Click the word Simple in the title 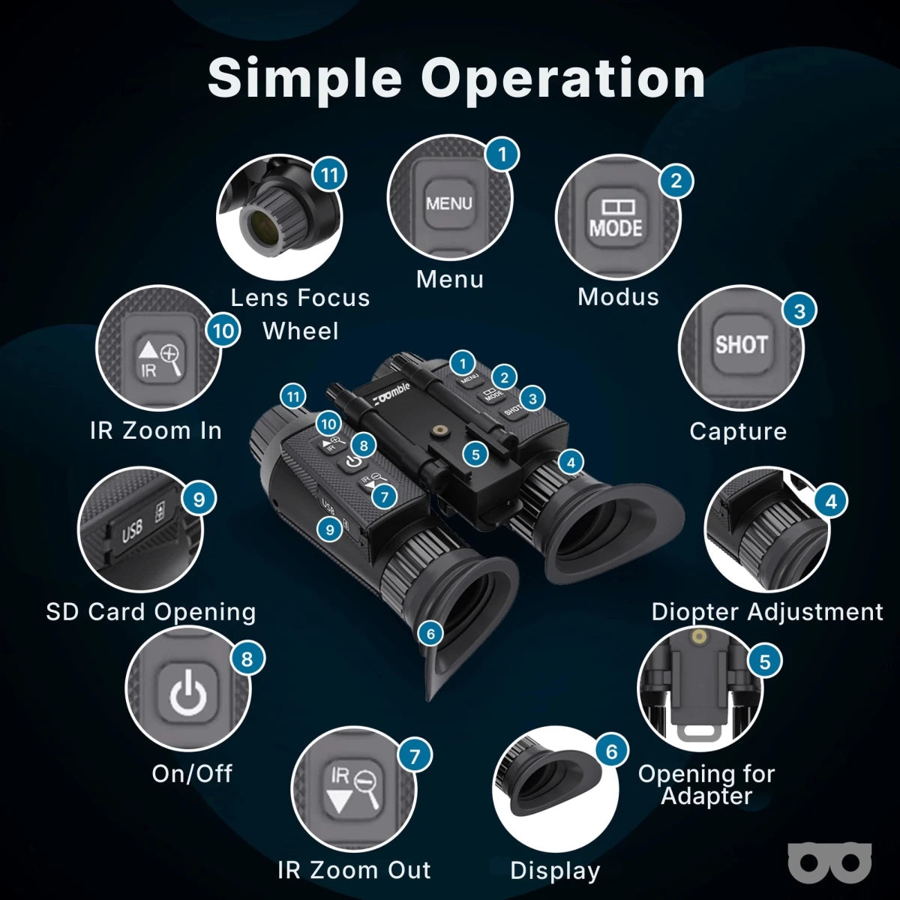(x=304, y=77)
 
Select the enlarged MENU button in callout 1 (x=449, y=203)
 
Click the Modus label (x=618, y=297)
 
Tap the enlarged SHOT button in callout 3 (x=741, y=345)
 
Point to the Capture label (x=738, y=431)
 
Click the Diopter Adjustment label (x=767, y=612)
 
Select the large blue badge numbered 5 (x=765, y=661)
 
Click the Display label (x=555, y=871)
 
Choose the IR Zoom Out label (x=354, y=870)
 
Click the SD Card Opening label (x=151, y=612)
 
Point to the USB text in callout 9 (x=132, y=532)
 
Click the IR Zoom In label (x=156, y=430)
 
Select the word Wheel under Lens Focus (x=300, y=331)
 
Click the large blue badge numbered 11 (x=329, y=175)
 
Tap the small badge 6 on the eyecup (x=430, y=634)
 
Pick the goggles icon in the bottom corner (x=830, y=862)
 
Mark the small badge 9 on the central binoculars (x=330, y=529)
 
